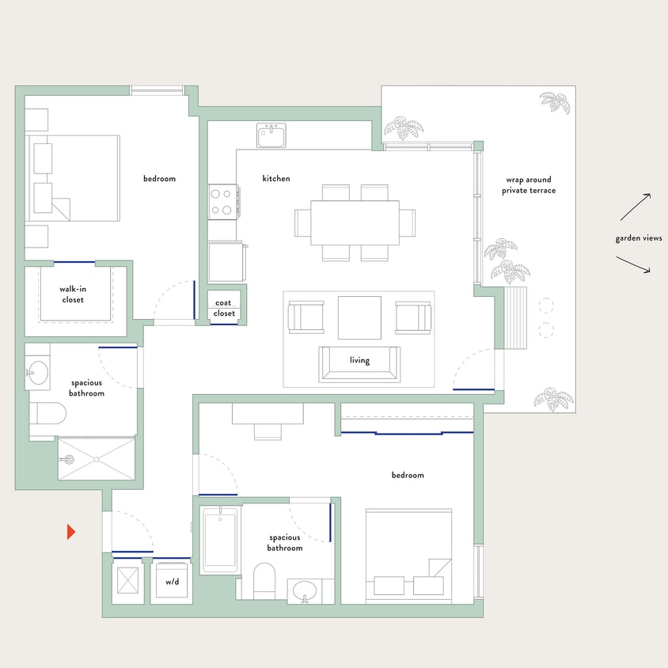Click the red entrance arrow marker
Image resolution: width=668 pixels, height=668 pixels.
pyautogui.click(x=70, y=532)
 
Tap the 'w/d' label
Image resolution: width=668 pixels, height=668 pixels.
pyautogui.click(x=173, y=581)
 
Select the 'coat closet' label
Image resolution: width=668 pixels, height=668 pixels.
pyautogui.click(x=224, y=308)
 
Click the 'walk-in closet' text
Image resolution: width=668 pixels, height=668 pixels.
pyautogui.click(x=73, y=294)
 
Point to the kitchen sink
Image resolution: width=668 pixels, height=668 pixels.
pyautogui.click(x=271, y=135)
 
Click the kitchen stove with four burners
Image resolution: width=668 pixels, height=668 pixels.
pyautogui.click(x=223, y=201)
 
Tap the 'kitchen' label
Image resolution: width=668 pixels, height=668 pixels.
pyautogui.click(x=276, y=179)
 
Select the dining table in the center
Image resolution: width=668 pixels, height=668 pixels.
pyautogui.click(x=354, y=222)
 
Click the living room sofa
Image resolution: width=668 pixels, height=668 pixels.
pyautogui.click(x=359, y=364)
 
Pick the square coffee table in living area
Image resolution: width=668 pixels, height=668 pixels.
pyautogui.click(x=359, y=317)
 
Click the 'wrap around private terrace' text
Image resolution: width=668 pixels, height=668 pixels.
pyautogui.click(x=530, y=185)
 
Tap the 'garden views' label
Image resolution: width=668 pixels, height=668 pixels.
pyautogui.click(x=638, y=238)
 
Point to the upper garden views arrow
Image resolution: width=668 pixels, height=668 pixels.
pyautogui.click(x=636, y=207)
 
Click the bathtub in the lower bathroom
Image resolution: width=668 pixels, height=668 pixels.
pyautogui.click(x=219, y=540)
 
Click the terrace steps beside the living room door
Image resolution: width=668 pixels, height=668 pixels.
pyautogui.click(x=515, y=317)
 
